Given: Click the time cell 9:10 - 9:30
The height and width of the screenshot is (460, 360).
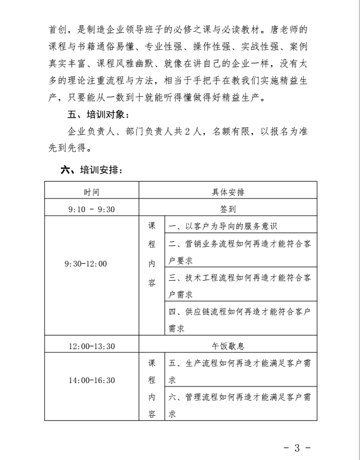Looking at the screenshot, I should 91,209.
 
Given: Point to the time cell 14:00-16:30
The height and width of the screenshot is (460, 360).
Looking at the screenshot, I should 91,380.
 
